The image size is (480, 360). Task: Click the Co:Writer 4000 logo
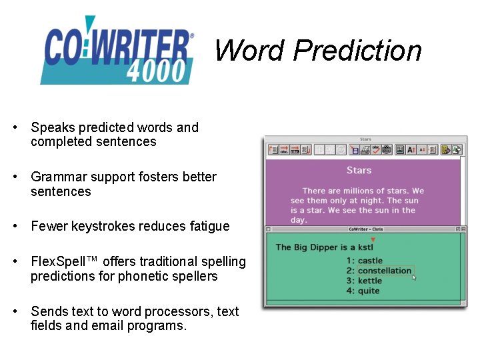(117, 52)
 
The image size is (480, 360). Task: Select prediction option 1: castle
(365, 261)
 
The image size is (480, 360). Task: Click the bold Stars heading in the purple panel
(359, 171)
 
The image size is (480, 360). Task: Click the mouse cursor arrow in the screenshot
(414, 277)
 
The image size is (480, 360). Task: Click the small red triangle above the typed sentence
(373, 239)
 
